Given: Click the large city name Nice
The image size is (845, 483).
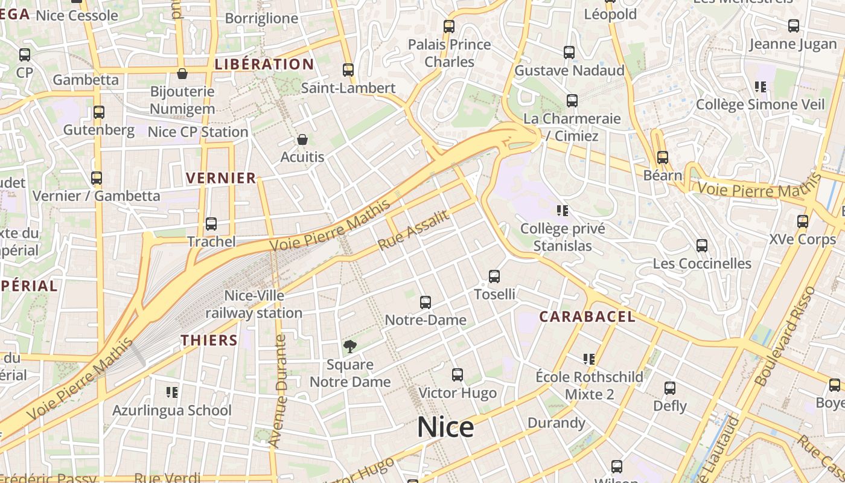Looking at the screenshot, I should [445, 427].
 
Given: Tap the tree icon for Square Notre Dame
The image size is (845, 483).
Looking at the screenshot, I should [349, 346].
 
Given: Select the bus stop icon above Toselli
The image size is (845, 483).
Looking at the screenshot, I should [494, 277].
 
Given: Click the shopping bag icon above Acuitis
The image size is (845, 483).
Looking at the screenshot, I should [302, 139].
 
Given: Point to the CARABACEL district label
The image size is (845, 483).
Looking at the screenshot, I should [587, 316].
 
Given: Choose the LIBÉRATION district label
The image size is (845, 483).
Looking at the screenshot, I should [264, 64].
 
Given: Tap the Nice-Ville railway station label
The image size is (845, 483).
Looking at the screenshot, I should [254, 304].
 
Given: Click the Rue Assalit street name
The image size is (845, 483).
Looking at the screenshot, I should [414, 230].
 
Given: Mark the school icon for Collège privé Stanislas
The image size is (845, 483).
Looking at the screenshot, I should [563, 211].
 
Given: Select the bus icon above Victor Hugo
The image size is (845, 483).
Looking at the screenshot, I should [458, 375].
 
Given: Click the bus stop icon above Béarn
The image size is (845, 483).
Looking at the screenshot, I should [663, 158].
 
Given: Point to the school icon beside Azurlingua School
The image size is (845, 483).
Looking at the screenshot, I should [172, 392].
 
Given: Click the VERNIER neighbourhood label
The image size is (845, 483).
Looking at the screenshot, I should [221, 178].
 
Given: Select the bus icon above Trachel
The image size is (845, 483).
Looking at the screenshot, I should [211, 224].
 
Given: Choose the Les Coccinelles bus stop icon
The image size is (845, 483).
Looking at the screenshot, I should [702, 246].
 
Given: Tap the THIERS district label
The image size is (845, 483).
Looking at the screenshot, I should [209, 340].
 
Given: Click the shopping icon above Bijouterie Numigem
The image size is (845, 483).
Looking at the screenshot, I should [182, 74].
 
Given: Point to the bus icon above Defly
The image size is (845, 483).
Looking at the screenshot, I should [670, 388].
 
